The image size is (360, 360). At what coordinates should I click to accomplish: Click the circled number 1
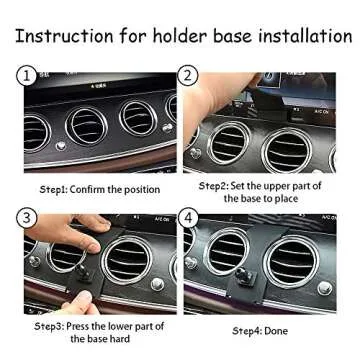click(x=26, y=75)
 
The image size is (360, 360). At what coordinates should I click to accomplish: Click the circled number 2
click(x=187, y=75)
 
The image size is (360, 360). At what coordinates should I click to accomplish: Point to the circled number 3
click(x=26, y=217)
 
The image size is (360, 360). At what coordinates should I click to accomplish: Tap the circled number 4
click(x=187, y=217)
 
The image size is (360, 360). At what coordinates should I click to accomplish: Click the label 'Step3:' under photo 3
click(x=57, y=326)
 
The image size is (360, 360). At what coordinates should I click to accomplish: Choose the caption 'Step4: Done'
click(x=259, y=330)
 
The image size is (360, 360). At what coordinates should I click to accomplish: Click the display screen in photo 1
click(x=110, y=84)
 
